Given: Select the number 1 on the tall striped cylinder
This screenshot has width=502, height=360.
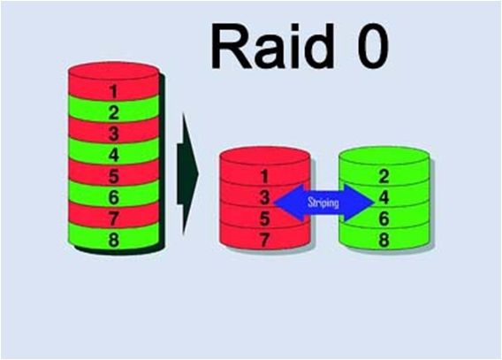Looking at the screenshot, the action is point(113,91).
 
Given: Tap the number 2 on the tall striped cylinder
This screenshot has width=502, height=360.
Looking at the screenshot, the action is point(113,112).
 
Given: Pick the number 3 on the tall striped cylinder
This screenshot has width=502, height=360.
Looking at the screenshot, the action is point(114,134).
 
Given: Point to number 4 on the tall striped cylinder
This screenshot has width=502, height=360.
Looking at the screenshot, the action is point(114,155).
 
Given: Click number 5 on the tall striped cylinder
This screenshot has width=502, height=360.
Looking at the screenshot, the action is point(114,176).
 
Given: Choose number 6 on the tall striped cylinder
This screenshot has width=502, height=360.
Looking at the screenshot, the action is point(114,197).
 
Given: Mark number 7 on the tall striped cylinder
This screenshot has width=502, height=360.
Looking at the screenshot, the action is point(114,218).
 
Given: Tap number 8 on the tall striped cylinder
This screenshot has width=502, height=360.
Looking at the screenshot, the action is point(114,240).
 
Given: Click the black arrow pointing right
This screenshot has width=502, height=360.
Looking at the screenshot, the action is point(188,174).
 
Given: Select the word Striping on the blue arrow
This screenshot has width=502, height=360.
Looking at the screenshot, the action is point(323,203).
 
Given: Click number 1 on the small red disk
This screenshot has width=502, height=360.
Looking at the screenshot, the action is point(264,177).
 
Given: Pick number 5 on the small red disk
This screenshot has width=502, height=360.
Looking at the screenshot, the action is point(264,218).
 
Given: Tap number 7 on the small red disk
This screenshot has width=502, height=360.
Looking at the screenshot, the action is point(264,240).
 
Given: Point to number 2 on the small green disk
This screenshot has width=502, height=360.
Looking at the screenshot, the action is point(384,177).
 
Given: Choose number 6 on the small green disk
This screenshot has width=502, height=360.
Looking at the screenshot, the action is point(384,218).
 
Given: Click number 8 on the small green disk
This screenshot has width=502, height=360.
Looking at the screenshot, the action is point(384,240).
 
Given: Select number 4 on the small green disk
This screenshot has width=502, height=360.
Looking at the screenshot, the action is point(384,197).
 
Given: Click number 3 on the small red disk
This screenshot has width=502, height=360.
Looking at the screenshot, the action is point(264,197).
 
